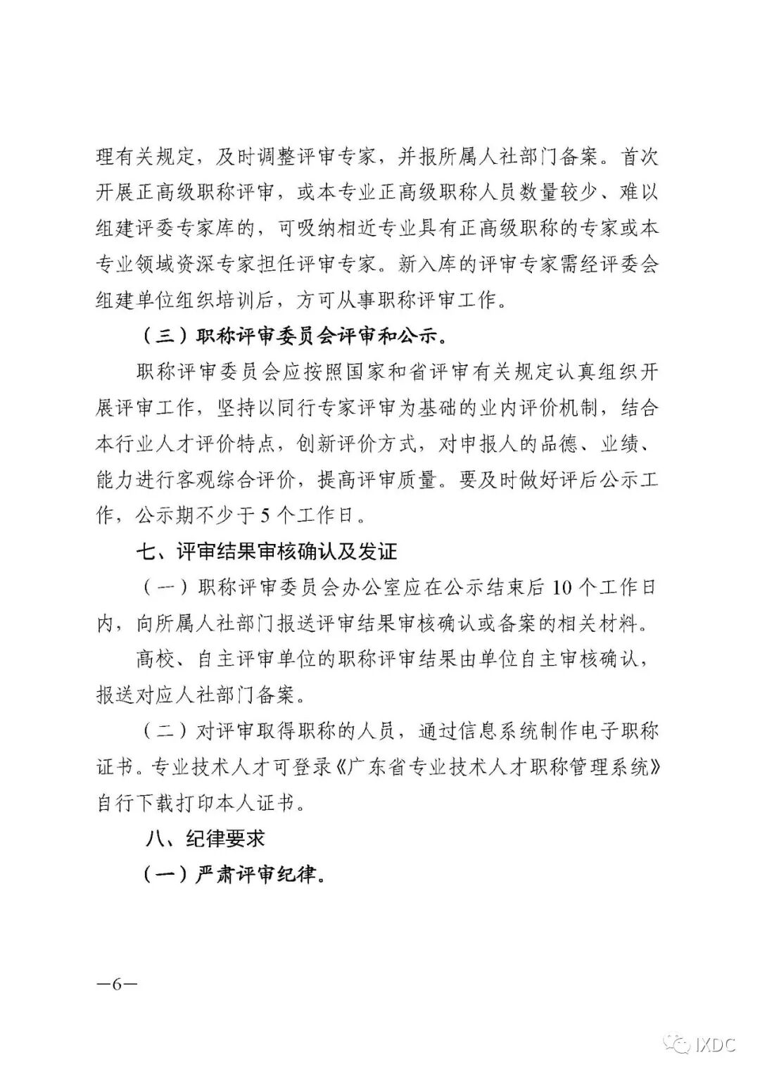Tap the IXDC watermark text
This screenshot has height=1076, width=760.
[715, 1046]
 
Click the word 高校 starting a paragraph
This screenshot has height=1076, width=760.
[156, 659]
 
